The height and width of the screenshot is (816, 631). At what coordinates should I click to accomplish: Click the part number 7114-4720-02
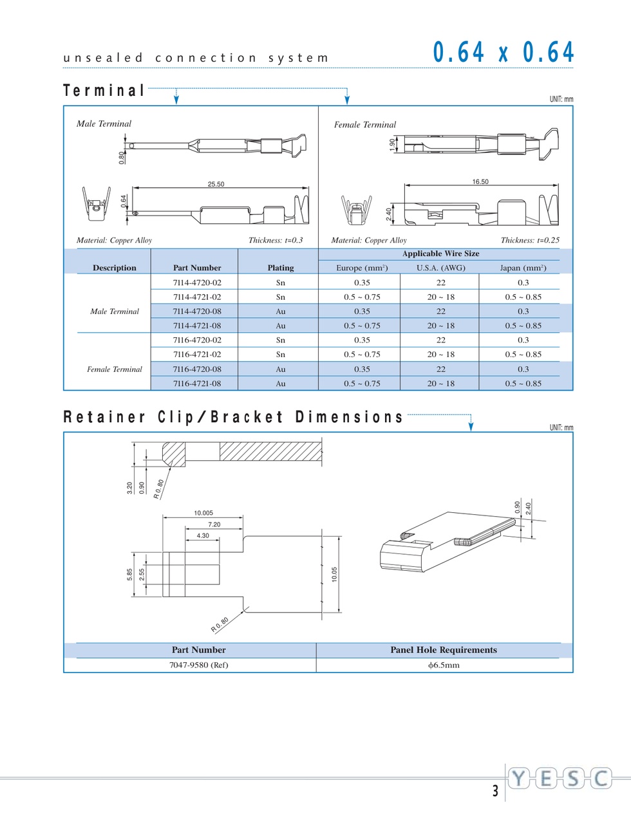(197, 283)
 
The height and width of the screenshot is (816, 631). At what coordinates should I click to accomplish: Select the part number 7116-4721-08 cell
(197, 384)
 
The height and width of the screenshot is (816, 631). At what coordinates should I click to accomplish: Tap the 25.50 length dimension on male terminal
(216, 184)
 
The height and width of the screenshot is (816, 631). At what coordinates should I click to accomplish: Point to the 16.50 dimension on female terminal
(480, 181)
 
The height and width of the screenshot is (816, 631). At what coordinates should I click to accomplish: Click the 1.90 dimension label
(393, 145)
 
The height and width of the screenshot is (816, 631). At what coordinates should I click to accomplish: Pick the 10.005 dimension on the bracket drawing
(203, 513)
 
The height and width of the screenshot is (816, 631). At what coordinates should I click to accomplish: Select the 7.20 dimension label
(214, 524)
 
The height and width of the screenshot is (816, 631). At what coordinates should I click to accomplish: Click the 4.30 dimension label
(203, 536)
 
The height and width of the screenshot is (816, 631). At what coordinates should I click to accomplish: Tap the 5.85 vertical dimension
(129, 575)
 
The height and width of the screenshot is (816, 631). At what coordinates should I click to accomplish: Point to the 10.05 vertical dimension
(335, 575)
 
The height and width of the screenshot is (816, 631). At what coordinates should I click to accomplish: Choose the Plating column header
(281, 268)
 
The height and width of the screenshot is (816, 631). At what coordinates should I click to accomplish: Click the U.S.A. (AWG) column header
(441, 268)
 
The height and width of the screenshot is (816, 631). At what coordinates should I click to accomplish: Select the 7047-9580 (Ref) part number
(199, 665)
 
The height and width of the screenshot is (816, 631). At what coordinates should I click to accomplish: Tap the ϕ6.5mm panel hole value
(444, 665)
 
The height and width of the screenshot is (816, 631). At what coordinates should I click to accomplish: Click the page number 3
(495, 791)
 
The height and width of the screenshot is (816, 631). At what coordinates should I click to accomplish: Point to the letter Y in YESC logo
(518, 779)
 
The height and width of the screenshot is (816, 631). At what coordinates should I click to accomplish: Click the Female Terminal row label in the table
(115, 369)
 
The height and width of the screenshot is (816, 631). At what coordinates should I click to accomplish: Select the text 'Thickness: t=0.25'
(530, 240)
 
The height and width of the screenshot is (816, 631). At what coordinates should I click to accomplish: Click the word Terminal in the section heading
(104, 91)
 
